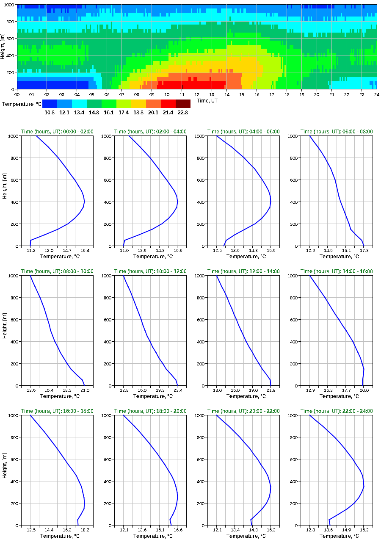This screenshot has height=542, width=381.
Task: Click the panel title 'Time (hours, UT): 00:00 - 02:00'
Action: pos(57,132)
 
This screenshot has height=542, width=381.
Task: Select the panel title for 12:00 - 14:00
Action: pos(243,271)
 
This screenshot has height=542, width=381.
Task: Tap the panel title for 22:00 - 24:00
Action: pos(337,411)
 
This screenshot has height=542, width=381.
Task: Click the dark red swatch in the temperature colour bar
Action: pos(183,104)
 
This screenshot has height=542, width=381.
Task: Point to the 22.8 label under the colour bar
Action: pos(183,113)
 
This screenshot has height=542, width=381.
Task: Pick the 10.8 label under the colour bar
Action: pos(50,113)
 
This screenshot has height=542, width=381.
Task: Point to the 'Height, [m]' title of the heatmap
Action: pos(3,47)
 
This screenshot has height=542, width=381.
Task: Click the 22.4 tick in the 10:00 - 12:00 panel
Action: pos(177,390)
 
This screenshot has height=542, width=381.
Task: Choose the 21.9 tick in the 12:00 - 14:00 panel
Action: pos(271,390)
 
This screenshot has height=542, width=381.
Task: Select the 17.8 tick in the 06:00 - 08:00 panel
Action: pos(364,250)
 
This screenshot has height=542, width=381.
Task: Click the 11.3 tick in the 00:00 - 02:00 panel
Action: pos(30,250)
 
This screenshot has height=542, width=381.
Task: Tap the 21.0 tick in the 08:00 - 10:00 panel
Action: pos(84,390)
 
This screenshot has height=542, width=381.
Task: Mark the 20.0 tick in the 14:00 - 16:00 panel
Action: pos(364,390)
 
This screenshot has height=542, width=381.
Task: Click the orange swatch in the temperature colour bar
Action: pos(153,104)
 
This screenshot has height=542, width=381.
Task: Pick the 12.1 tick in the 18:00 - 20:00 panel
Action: pos(124,530)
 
